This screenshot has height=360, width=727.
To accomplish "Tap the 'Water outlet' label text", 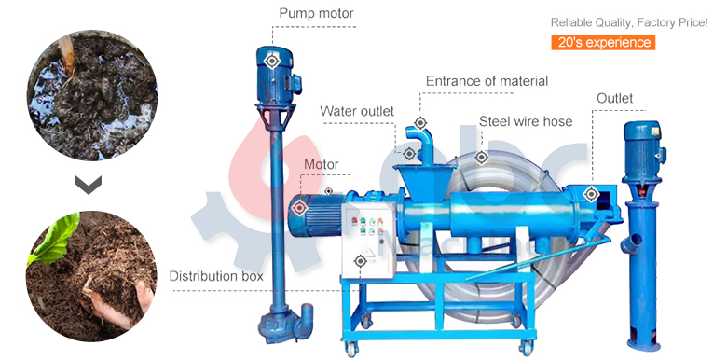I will pyautogui.click(x=357, y=112).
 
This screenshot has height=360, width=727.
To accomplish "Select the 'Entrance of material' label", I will pyautogui.click(x=487, y=82).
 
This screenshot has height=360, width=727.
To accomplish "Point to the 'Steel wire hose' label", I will pyautogui.click(x=526, y=121).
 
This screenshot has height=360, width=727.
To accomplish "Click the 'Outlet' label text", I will pyautogui.click(x=614, y=99).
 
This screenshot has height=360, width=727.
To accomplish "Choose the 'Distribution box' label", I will pyautogui.click(x=216, y=277).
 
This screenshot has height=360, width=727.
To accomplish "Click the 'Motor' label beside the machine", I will pyautogui.click(x=322, y=165).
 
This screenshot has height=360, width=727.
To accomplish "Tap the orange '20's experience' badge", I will pyautogui.click(x=603, y=43).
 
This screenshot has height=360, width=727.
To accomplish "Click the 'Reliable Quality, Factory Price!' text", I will pyautogui.click(x=628, y=21).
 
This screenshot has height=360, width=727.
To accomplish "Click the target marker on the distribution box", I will pyautogui.click(x=362, y=260).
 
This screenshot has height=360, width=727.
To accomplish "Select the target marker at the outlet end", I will pyautogui.click(x=591, y=194).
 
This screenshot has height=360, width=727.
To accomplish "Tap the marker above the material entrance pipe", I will pyautogui.click(x=421, y=122).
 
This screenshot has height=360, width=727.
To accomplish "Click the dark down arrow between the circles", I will pyautogui.click(x=89, y=186).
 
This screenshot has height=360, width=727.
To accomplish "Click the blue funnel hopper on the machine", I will pyautogui.click(x=410, y=174).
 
